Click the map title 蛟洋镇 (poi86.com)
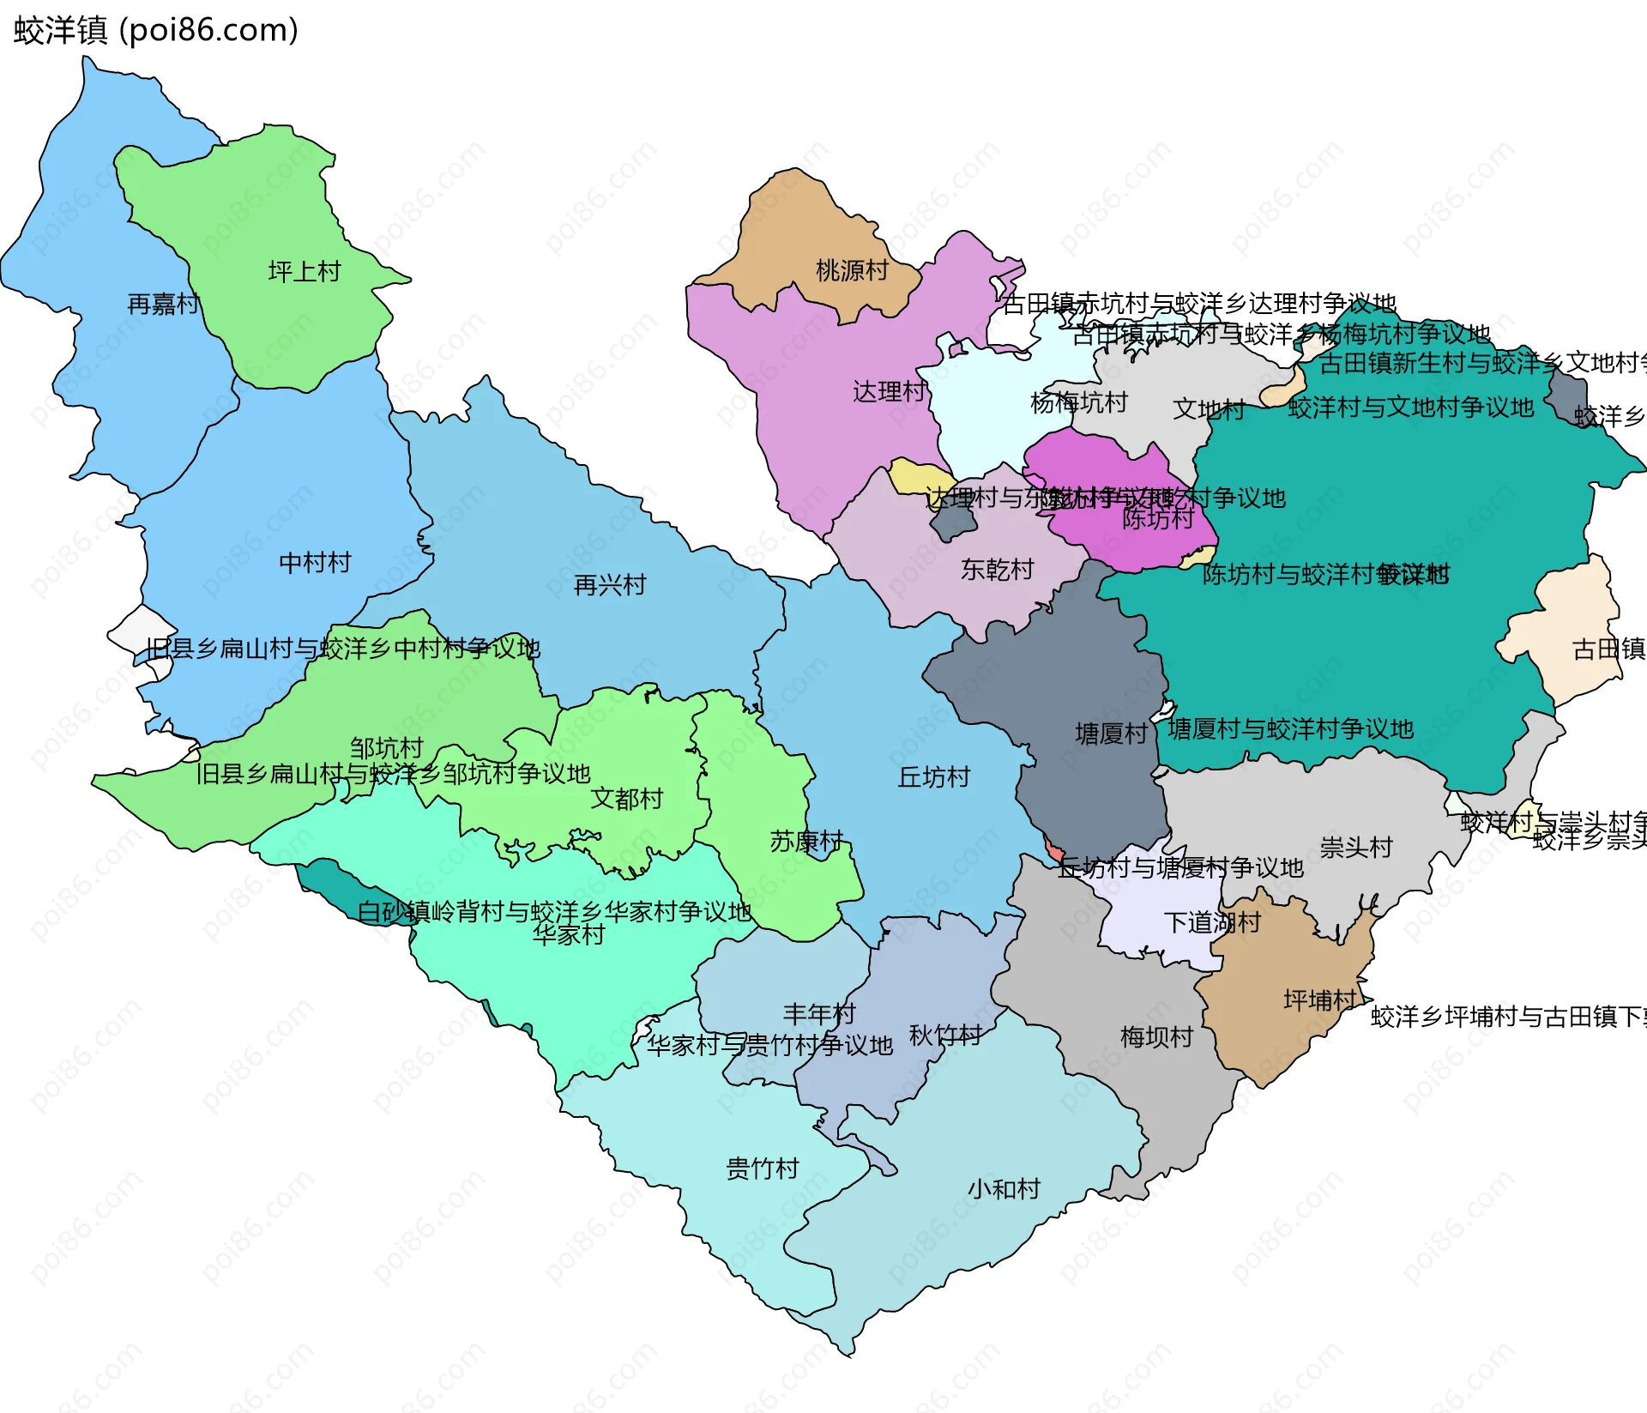(155, 30)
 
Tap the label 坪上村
(305, 272)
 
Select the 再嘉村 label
(163, 304)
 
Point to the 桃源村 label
(852, 270)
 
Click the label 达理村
(889, 392)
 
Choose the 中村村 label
(315, 563)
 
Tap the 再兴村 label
(609, 586)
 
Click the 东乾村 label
(997, 570)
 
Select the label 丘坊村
(933, 777)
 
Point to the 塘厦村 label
(1111, 734)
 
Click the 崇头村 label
(1355, 848)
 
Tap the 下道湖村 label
(1212, 923)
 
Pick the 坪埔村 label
(1319, 1000)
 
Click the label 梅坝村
(1156, 1037)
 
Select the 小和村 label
(1004, 1189)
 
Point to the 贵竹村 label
(762, 1168)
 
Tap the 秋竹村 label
(945, 1036)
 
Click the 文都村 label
(626, 799)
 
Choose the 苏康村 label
(806, 841)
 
